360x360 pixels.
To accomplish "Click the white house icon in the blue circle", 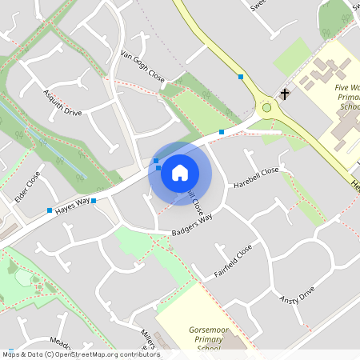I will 180,173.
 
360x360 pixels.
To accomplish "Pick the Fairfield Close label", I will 233,261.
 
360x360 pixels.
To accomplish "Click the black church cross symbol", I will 284,94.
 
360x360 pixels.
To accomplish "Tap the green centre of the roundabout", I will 266,107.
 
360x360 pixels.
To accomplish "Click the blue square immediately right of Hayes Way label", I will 94,200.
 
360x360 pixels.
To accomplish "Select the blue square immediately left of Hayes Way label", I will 50,210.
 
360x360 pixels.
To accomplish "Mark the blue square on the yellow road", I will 241,77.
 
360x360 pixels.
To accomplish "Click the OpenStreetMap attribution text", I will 80,354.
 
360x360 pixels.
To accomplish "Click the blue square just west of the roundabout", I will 222,131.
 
